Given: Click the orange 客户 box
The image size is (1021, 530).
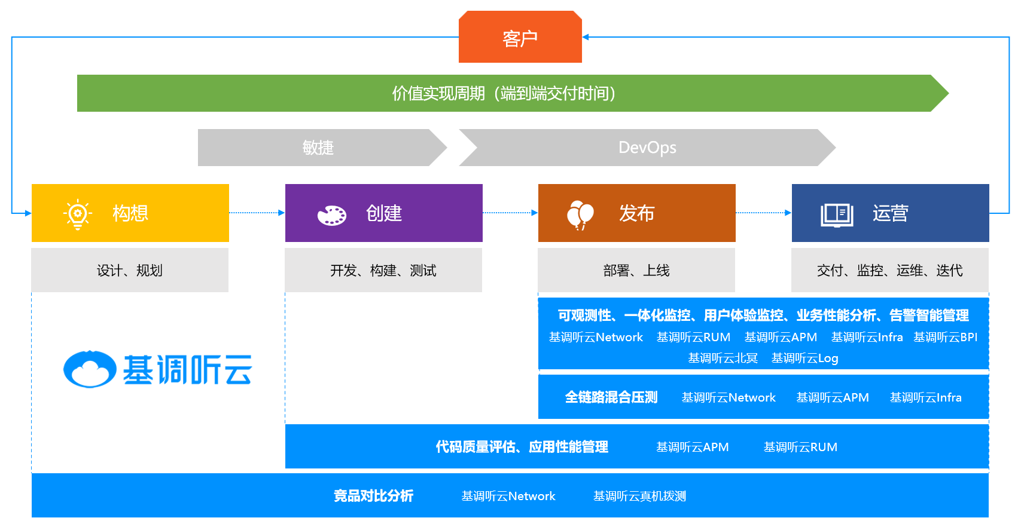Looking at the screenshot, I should click(520, 38).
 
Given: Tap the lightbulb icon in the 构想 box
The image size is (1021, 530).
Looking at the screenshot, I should click(78, 214).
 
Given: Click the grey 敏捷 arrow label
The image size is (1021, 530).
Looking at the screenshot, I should click(318, 148).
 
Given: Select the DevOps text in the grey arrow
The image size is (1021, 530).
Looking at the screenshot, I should click(647, 148).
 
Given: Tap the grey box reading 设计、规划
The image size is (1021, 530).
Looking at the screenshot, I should click(130, 271).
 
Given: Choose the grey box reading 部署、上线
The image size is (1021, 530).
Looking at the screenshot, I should click(636, 271).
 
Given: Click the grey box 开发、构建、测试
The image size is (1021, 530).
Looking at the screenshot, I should click(383, 271).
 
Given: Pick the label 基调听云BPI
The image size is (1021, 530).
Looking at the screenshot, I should click(945, 337).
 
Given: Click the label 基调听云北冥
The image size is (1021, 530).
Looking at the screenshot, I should click(723, 358).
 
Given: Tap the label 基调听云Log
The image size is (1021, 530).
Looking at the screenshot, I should click(804, 358).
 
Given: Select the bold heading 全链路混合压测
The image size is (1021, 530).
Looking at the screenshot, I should click(611, 397).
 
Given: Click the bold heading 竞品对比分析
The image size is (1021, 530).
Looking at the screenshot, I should click(373, 496).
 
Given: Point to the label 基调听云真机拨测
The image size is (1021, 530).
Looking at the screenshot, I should click(639, 496).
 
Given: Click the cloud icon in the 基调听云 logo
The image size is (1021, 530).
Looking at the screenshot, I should click(90, 369).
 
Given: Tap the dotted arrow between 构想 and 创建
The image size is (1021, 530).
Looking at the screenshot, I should click(257, 213).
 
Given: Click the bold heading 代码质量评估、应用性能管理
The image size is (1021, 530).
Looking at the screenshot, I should click(522, 447).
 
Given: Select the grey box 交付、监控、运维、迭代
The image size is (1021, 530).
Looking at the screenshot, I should click(889, 271).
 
